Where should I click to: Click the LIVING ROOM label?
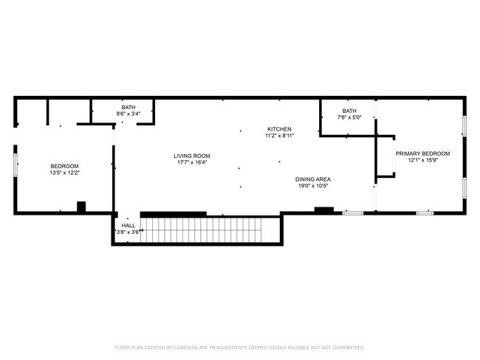click(192, 156)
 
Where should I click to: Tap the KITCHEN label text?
click(279, 129)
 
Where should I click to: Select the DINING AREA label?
click(313, 179)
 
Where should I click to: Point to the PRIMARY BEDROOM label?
click(422, 153)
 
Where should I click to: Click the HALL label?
click(128, 226)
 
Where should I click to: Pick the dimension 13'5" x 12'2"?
click(64, 173)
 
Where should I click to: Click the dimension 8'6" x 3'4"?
click(128, 114)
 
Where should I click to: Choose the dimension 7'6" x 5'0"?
click(349, 117)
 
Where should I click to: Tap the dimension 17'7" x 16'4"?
click(192, 162)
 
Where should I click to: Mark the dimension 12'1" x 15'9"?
click(422, 160)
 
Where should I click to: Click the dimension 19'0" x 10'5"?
click(313, 186)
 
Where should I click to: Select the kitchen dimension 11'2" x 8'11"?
click(279, 136)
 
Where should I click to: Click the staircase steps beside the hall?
click(201, 229)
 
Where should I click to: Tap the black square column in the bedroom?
click(81, 207)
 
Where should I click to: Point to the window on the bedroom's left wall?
click(16, 165)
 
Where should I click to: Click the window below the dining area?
click(353, 213)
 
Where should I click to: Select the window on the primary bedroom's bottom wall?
click(425, 213)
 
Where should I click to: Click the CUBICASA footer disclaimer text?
click(240, 347)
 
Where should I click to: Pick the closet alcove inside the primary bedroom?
click(385, 156)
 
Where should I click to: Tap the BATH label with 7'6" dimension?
click(349, 111)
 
